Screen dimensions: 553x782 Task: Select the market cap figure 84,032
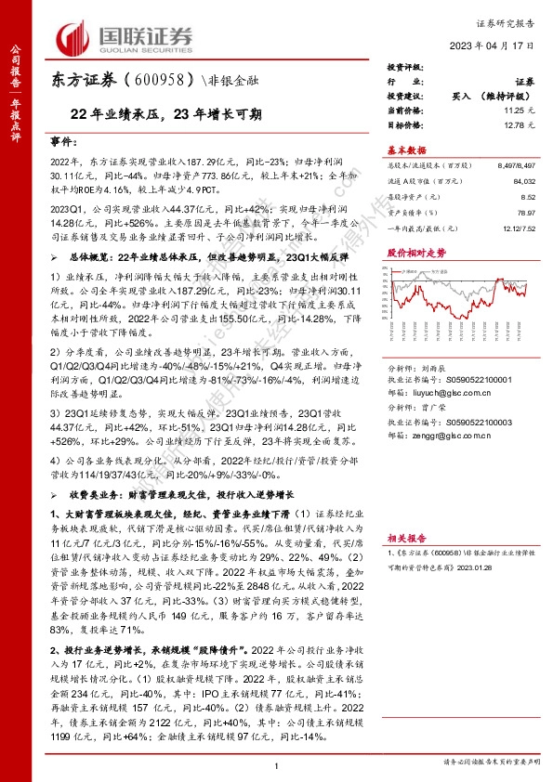tap(520, 183)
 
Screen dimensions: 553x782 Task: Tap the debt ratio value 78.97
tap(525, 214)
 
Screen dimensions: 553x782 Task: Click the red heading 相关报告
tap(405, 537)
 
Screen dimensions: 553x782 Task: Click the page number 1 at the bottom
tap(276, 764)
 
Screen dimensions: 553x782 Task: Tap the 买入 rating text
tap(465, 96)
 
